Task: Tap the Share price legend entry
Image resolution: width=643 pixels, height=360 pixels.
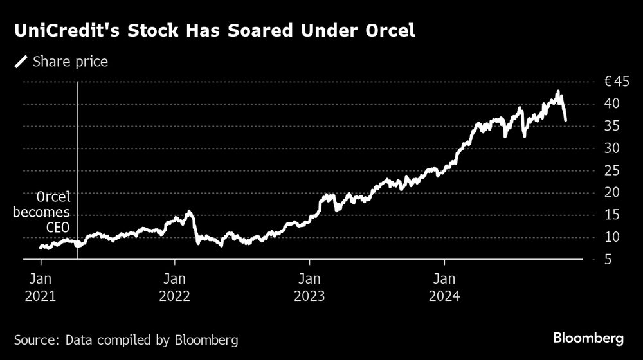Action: pyautogui.click(x=62, y=62)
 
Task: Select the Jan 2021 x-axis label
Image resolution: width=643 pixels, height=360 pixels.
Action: pyautogui.click(x=41, y=287)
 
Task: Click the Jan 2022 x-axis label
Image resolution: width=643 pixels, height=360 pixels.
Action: pyautogui.click(x=175, y=287)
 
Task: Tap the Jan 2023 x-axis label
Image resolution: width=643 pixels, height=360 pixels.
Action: pyautogui.click(x=310, y=287)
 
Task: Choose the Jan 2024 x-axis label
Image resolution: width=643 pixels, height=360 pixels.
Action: pyautogui.click(x=444, y=287)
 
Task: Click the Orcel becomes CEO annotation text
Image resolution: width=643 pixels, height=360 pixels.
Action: pyautogui.click(x=44, y=212)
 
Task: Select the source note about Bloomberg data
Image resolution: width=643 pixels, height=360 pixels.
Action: pyautogui.click(x=126, y=339)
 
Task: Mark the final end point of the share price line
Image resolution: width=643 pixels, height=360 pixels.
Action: pyautogui.click(x=565, y=120)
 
